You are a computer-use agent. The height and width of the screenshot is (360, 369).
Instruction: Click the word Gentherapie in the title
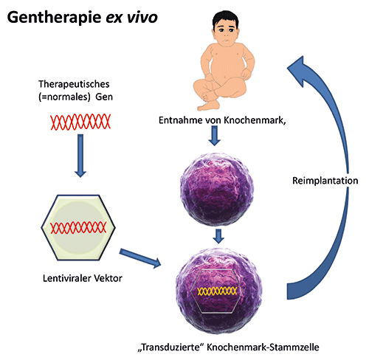tap(55, 18)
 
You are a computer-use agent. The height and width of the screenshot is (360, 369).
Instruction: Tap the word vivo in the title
tap(142, 18)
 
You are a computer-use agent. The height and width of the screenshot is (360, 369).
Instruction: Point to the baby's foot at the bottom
tap(208, 105)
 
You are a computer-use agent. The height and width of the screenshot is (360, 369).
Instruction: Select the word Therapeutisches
tap(74, 84)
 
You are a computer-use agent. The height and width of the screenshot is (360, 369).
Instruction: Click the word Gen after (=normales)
tap(104, 97)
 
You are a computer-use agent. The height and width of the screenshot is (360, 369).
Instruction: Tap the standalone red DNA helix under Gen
tap(80, 122)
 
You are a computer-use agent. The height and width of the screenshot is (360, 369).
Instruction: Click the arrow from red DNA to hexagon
tap(80, 156)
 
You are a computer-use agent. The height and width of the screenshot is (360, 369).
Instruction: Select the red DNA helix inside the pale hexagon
tap(78, 227)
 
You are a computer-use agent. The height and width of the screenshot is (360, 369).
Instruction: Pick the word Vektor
tap(108, 278)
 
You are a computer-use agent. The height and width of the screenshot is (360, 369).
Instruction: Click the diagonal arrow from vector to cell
tap(140, 258)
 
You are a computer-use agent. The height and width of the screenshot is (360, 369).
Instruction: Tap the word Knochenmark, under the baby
tap(255, 120)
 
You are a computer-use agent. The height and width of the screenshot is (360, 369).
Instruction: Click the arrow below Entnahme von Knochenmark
tap(215, 136)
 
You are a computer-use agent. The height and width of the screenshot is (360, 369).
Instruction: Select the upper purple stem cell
tap(217, 190)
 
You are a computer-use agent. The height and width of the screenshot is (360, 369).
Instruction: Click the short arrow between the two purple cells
tap(218, 236)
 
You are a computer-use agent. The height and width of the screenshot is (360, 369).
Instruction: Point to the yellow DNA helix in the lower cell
tap(217, 291)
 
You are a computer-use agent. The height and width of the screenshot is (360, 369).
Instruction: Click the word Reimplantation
tap(325, 181)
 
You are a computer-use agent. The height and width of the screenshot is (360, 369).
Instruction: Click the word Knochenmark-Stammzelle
tap(263, 347)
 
